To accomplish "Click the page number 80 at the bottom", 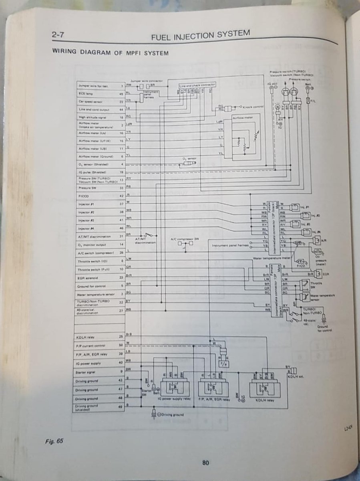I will click(x=205, y=463).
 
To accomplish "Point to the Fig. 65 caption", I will click(x=54, y=441).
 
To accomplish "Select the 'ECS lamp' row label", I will click(x=87, y=94).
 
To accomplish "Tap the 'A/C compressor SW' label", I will click(x=185, y=239).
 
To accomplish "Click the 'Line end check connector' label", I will click(x=197, y=85).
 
